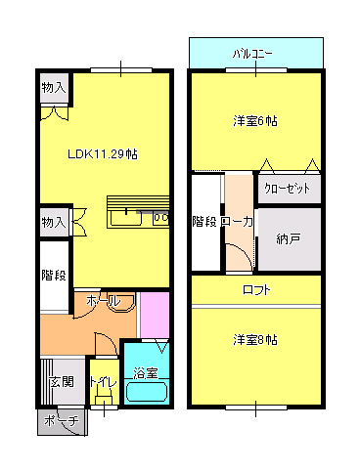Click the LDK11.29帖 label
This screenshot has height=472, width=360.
coord(102,153)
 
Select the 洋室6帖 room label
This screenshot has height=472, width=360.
coord(254,121)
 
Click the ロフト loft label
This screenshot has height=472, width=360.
coord(256,290)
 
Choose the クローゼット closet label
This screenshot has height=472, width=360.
coord(289,188)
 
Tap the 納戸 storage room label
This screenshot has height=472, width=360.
coord(289,237)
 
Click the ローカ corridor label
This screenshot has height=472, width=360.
coord(238,222)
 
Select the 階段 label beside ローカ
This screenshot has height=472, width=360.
coord(205,222)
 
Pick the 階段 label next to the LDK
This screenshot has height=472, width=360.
coord(54,275)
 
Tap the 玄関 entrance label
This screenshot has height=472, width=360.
coord(61,381)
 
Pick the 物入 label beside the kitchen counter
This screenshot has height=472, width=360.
coord(54,223)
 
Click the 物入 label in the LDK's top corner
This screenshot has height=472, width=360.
coord(54,89)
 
